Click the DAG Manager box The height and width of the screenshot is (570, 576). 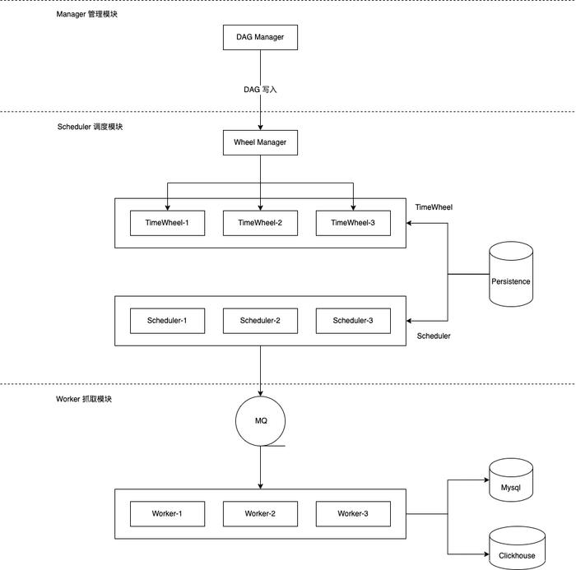(260, 37)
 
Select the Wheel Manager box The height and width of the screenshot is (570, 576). (260, 142)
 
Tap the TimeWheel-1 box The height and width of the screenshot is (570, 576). (167, 223)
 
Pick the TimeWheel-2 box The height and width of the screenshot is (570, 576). (260, 223)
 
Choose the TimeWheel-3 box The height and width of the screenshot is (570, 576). (353, 223)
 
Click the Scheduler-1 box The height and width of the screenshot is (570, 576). (167, 321)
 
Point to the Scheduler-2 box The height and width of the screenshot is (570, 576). (260, 321)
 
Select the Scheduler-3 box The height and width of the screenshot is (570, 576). (353, 321)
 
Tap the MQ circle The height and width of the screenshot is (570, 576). (261, 421)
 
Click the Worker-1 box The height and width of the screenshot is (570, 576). (167, 514)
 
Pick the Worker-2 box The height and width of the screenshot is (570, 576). (260, 514)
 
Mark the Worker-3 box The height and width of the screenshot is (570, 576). (353, 514)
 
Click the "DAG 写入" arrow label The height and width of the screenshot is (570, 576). (260, 90)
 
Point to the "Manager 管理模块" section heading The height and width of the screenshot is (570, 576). (86, 14)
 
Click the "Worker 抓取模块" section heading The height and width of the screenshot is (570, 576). (84, 399)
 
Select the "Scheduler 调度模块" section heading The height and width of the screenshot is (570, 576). (90, 127)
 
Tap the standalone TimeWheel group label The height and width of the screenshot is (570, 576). (434, 207)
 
